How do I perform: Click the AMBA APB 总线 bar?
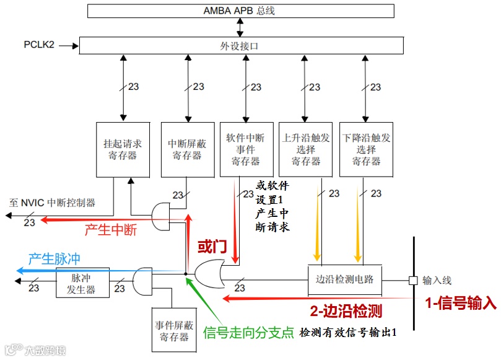tap(240, 11)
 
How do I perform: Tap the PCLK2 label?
tap(39, 45)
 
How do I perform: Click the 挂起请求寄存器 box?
tap(123, 149)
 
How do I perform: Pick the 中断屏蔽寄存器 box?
tap(187, 149)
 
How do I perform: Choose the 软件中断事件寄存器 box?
tap(246, 149)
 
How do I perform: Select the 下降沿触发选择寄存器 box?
tap(366, 149)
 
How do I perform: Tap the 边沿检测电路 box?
tap(344, 279)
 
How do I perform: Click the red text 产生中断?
tap(110, 230)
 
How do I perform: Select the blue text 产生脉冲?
tap(54, 257)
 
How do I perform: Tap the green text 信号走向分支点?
tap(248, 333)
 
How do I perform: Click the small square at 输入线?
tap(412, 280)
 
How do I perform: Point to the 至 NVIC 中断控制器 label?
tap(53, 202)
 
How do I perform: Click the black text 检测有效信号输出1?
tap(347, 333)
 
